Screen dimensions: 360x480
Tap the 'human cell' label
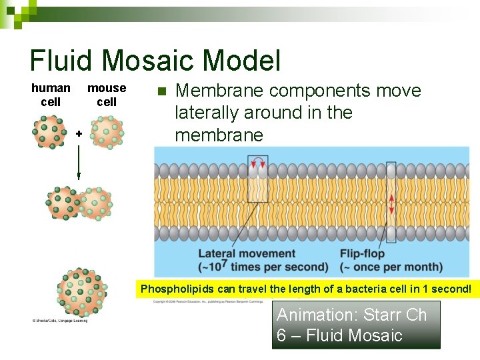click(51, 95)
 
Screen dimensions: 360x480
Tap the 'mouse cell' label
click(107, 95)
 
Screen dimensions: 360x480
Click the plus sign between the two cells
click(79, 134)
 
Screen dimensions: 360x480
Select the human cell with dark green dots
click(51, 132)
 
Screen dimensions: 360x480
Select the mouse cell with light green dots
click(107, 132)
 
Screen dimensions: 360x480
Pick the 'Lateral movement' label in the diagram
click(247, 253)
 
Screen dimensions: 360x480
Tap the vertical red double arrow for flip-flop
click(391, 200)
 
